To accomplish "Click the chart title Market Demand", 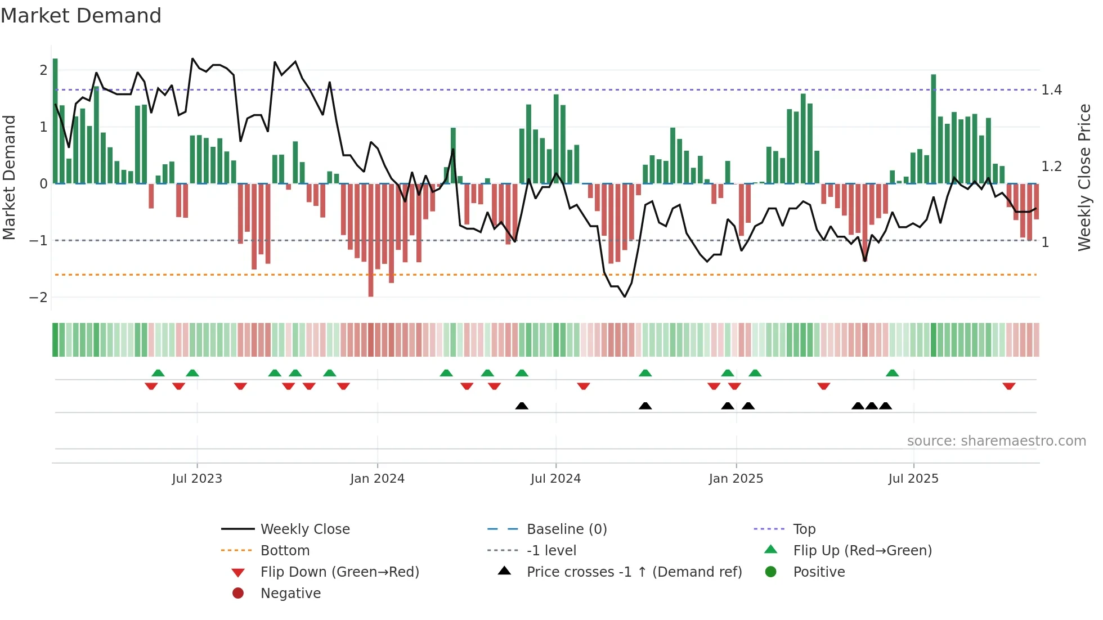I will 81,16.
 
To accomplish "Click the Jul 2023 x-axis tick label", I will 197,479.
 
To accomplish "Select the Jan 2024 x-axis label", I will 377,479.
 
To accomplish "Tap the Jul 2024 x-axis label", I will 555,479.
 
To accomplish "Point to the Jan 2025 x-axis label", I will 736,479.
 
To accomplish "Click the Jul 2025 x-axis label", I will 913,479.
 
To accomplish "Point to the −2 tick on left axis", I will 38,298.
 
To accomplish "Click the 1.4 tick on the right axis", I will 1051,90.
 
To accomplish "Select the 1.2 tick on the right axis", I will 1051,167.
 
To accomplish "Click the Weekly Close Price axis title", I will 1084,177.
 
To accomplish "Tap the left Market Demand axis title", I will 9,177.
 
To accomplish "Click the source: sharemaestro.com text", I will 996,441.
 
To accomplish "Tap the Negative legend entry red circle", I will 238,594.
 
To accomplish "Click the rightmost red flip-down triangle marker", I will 1008,386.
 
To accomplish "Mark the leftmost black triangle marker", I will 522,406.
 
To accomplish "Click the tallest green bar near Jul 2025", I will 934,129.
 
